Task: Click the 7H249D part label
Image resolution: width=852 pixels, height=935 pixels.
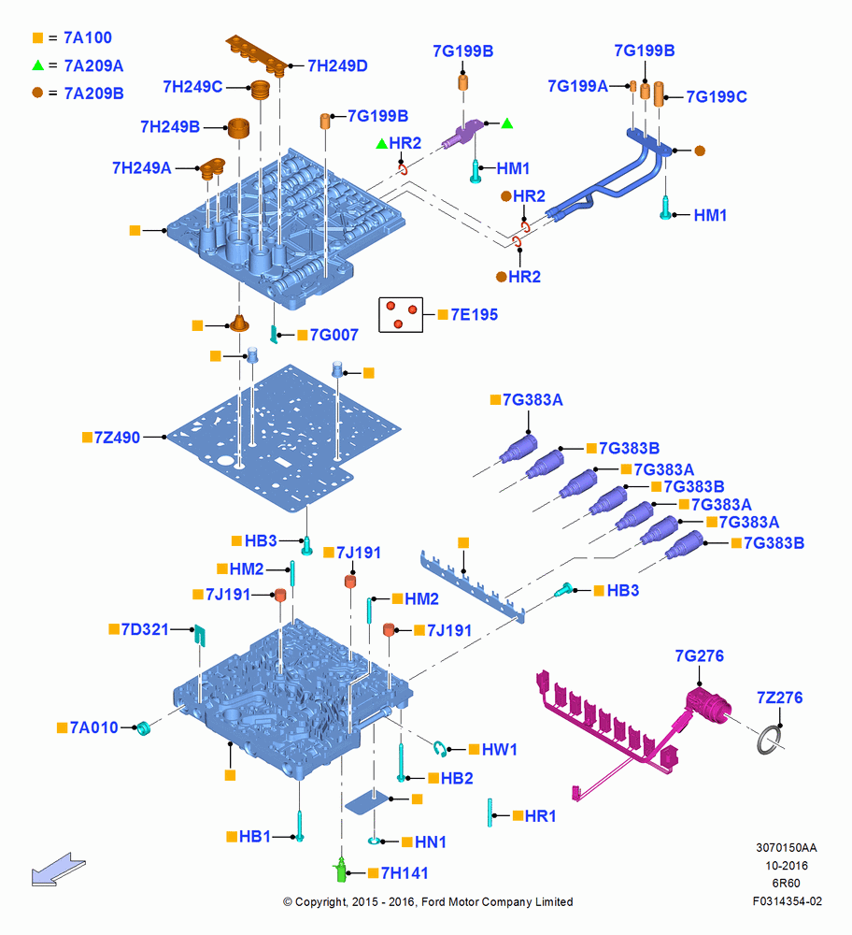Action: click(x=337, y=65)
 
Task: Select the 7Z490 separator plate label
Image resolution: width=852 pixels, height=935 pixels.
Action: click(x=117, y=437)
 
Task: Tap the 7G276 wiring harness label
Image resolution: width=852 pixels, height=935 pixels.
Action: click(x=699, y=656)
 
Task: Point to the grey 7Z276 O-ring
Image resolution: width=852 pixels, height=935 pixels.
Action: click(x=770, y=740)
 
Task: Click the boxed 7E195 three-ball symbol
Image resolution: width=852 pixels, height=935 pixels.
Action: click(x=401, y=314)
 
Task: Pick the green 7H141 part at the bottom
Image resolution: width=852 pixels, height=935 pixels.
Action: click(x=341, y=870)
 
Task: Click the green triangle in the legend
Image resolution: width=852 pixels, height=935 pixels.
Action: click(x=38, y=65)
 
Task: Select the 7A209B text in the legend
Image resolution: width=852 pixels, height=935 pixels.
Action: click(x=93, y=93)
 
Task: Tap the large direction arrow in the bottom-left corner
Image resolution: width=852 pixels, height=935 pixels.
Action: click(x=59, y=870)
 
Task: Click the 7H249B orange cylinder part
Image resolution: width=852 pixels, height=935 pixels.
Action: click(x=239, y=127)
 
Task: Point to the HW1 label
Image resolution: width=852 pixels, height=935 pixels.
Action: click(x=499, y=750)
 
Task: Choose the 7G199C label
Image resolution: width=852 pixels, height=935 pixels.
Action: click(x=717, y=96)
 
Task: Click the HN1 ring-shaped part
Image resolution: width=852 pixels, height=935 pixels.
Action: click(x=375, y=841)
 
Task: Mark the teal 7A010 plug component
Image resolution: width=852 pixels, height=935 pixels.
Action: click(x=143, y=728)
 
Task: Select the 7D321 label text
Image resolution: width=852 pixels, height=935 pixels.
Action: click(x=145, y=629)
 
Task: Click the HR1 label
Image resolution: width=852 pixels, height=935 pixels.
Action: click(x=540, y=815)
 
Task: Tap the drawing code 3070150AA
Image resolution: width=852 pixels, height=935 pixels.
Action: click(x=786, y=847)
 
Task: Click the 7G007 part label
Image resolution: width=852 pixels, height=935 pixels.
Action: click(x=334, y=335)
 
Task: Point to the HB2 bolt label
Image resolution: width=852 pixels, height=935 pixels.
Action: click(x=457, y=778)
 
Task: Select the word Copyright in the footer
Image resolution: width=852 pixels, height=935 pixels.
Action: click(x=319, y=902)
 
